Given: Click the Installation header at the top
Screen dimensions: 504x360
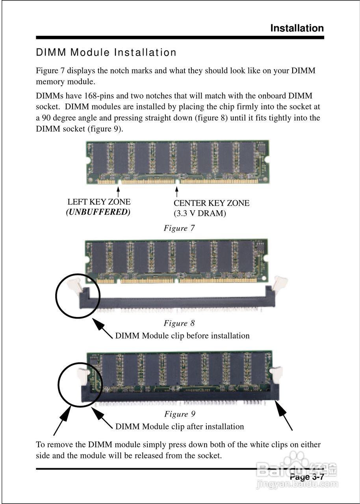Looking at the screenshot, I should tap(297, 28).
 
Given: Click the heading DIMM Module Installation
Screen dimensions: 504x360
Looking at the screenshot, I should tap(106, 52).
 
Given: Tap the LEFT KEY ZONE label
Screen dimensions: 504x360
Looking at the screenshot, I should tap(99, 202).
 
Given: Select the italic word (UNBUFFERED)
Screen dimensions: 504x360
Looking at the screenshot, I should tap(98, 212).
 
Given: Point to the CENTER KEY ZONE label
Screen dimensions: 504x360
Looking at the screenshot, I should tap(212, 203).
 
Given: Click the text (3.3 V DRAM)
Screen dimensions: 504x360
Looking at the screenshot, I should tap(200, 213).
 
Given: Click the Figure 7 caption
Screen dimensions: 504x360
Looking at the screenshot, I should tap(179, 228).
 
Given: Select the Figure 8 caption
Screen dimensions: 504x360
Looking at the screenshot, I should tap(179, 323).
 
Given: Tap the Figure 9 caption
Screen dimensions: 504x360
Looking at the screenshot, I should tap(180, 414).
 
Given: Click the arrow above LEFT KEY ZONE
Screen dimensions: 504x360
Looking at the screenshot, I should tap(118, 193).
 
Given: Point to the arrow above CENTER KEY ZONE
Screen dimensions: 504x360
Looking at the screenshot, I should tap(177, 193).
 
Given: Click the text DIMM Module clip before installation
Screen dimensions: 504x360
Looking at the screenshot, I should tap(182, 336).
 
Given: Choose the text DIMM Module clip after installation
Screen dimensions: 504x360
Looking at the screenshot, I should tap(180, 426).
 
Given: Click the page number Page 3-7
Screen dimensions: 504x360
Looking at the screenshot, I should tap(306, 477).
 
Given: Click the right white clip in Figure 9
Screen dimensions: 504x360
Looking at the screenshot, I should tap(277, 374).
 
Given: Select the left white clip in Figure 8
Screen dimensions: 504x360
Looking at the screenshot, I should tap(74, 284).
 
